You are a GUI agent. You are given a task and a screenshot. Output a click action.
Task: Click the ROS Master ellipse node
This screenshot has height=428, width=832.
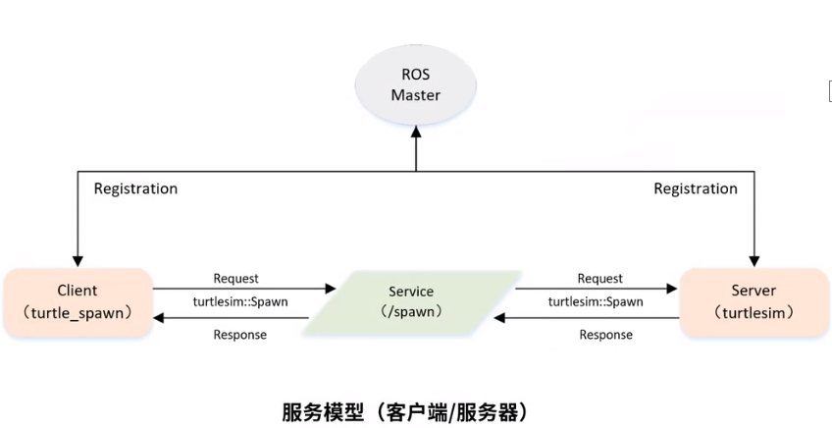tap(415, 86)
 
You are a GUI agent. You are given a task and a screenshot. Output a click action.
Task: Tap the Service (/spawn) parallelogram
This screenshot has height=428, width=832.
tap(412, 302)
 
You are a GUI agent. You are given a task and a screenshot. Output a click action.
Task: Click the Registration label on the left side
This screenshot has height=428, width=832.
tap(135, 188)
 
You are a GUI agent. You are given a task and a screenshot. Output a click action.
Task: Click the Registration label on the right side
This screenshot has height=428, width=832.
tap(696, 188)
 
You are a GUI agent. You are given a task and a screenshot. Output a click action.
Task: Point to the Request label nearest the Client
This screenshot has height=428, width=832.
tap(236, 279)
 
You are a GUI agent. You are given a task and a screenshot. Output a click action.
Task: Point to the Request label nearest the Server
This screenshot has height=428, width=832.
tap(599, 279)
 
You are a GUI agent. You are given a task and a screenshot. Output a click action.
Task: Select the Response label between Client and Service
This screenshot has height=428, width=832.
tap(239, 335)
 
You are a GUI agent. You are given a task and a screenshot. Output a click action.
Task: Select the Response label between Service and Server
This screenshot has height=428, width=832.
tap(605, 335)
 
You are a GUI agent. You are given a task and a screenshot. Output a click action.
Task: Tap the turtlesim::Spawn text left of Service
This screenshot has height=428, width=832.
tap(240, 301)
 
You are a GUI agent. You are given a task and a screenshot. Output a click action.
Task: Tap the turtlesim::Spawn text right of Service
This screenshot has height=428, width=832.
tap(596, 301)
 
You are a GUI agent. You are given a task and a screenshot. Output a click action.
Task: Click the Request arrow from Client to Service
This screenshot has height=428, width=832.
tap(245, 290)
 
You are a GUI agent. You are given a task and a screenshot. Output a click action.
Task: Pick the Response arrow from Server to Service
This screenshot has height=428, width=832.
tap(589, 318)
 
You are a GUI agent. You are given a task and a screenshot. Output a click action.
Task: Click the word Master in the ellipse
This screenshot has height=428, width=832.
tap(415, 96)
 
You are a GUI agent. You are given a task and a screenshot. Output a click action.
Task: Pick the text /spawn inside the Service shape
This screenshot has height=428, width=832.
tap(412, 312)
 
